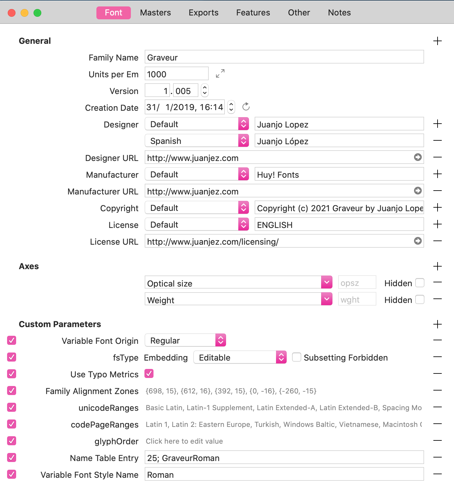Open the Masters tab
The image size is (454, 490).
(155, 13)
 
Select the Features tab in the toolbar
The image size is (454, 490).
(253, 13)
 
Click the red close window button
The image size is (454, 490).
(12, 13)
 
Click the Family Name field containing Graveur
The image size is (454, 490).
(284, 57)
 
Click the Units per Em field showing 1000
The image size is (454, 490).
(176, 74)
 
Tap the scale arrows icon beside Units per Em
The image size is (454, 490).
(220, 74)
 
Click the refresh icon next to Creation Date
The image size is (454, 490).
(246, 107)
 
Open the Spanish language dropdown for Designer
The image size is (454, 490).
(197, 141)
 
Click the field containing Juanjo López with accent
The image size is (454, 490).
(339, 141)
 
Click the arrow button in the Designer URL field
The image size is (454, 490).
(418, 157)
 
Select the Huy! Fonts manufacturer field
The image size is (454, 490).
(339, 174)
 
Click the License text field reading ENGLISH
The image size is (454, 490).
(339, 224)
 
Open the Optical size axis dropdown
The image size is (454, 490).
(238, 282)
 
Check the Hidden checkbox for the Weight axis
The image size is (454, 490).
(420, 299)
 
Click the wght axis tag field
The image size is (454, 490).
(357, 299)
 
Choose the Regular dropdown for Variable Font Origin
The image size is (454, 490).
(185, 340)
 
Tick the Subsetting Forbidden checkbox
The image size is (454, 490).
(297, 357)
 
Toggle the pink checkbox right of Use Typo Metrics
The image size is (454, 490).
(149, 373)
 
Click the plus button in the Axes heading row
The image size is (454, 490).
(437, 267)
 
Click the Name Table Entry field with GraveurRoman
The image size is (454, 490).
(284, 457)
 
